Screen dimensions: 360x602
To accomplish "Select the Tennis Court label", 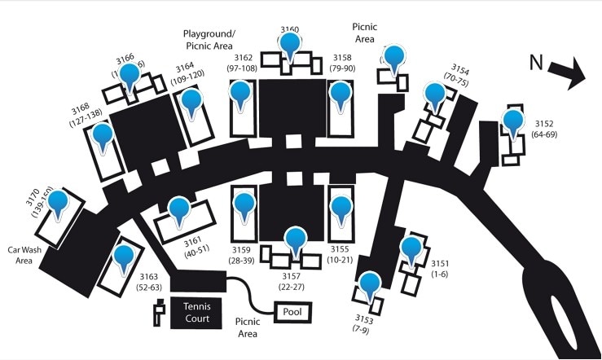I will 196,312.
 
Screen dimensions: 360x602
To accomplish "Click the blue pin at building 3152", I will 512,122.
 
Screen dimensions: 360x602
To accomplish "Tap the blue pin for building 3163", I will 124,257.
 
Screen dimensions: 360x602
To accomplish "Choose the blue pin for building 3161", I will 179,209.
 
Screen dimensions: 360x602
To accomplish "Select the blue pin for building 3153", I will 371,284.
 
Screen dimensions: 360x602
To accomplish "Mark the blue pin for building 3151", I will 411,248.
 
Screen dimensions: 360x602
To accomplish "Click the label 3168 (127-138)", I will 80,114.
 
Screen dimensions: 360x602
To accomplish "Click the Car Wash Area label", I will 24,256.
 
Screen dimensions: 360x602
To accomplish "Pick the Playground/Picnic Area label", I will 209,40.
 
